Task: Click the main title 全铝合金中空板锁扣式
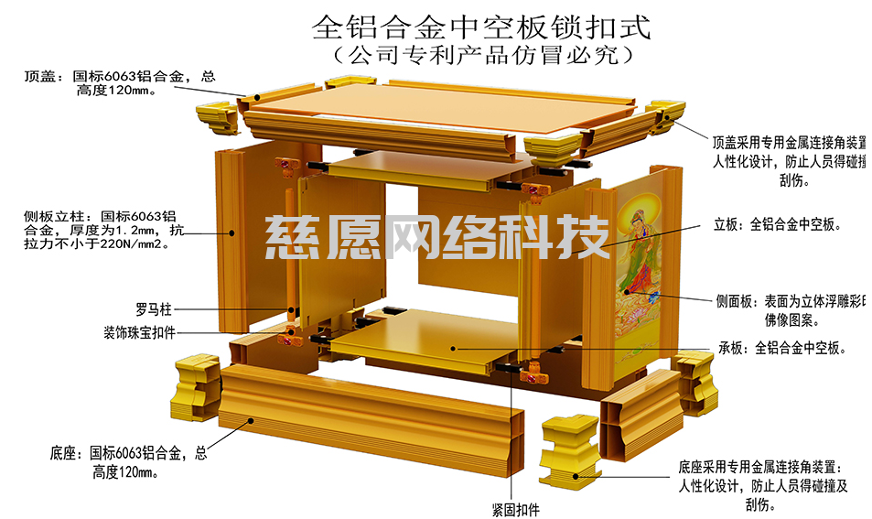click(x=481, y=25)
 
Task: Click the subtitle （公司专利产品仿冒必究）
click(x=481, y=55)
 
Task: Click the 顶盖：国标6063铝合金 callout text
click(x=119, y=83)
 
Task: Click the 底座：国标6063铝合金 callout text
click(x=128, y=461)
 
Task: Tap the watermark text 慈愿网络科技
click(x=437, y=236)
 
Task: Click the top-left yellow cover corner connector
click(x=216, y=115)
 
